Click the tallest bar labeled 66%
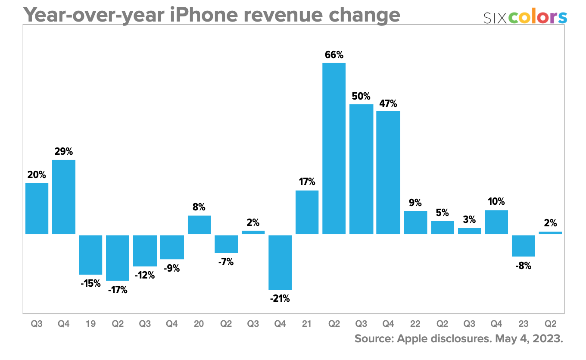[x=334, y=148]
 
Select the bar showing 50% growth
[x=361, y=169]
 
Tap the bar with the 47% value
[x=388, y=172]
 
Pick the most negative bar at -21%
[x=280, y=262]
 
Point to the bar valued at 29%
[x=64, y=197]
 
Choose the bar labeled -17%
[x=118, y=258]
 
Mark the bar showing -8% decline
[x=524, y=246]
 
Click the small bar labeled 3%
[x=469, y=231]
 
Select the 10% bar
[x=496, y=222]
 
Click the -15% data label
[x=91, y=283]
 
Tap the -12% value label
[x=145, y=275]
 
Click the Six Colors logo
[x=525, y=17]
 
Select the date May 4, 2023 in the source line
[x=529, y=339]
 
